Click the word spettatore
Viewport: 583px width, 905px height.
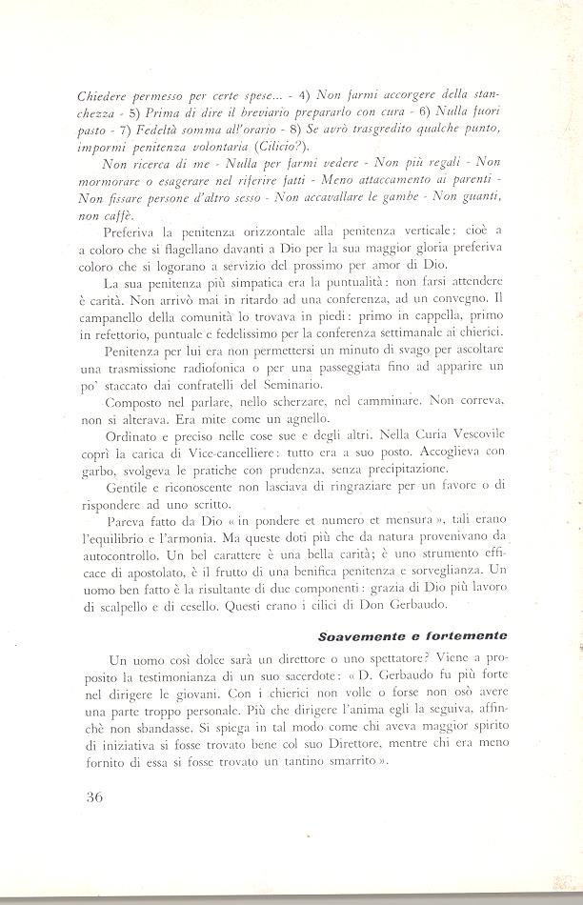click(382, 660)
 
